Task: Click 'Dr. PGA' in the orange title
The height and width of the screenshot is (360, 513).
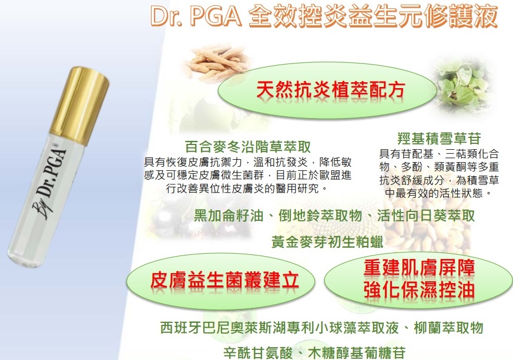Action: (x=196, y=16)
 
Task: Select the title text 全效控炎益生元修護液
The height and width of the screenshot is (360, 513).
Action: (x=373, y=16)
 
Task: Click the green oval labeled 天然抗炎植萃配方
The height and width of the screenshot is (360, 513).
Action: (x=327, y=90)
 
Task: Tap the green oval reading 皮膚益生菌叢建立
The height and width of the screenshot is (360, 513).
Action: (x=220, y=281)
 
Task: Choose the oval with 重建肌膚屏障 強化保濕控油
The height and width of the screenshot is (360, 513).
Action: (x=418, y=280)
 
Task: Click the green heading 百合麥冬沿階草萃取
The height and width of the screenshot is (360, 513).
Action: (x=247, y=147)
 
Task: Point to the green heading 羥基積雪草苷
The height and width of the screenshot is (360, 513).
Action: (x=439, y=139)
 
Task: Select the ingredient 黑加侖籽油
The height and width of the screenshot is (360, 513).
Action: (x=229, y=216)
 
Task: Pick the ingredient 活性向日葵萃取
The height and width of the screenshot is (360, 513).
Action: (x=425, y=216)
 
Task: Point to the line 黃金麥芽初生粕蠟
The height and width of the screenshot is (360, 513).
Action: (x=327, y=243)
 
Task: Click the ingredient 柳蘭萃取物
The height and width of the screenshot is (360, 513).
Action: (x=448, y=327)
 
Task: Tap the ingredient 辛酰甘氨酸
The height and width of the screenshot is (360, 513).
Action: (x=258, y=353)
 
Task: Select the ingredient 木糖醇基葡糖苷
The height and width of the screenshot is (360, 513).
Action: (x=357, y=353)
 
